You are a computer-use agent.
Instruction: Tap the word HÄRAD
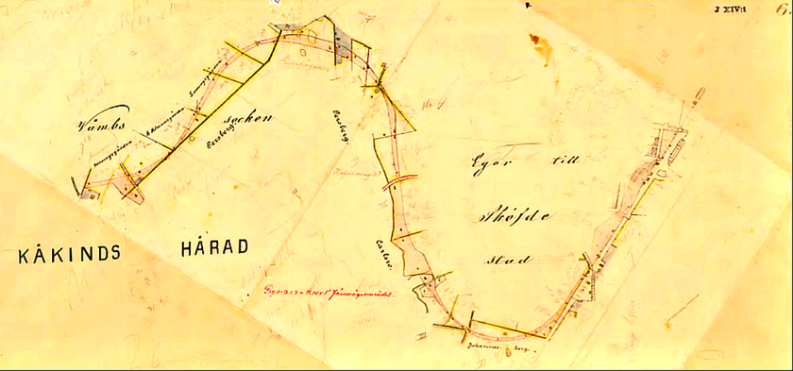[213, 248]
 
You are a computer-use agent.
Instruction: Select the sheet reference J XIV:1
[732, 9]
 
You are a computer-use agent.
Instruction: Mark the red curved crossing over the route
[396, 181]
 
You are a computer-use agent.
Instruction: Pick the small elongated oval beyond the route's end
[700, 95]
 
